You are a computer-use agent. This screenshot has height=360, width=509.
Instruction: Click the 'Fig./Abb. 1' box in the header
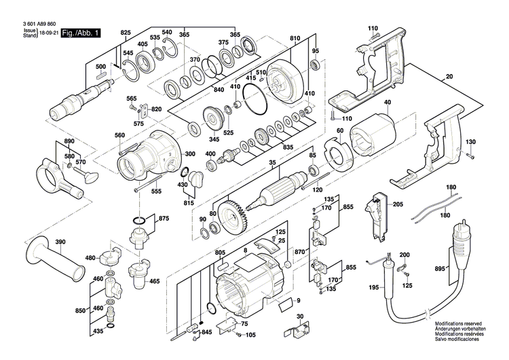click(x=81, y=33)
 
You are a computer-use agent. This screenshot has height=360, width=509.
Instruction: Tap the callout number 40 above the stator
click(x=388, y=103)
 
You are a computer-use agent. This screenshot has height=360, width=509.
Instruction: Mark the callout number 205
click(x=398, y=204)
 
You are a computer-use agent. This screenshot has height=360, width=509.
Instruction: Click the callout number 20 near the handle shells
click(x=449, y=78)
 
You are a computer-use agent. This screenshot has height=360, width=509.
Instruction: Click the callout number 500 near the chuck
click(x=100, y=67)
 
